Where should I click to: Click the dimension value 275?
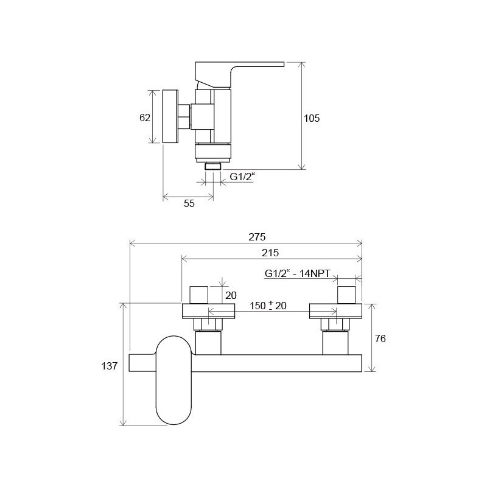(x=257, y=237)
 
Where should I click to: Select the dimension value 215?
(x=270, y=253)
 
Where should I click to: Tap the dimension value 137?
(x=110, y=366)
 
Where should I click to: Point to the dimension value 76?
(x=380, y=338)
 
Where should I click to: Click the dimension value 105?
(x=312, y=118)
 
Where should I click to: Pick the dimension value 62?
(x=145, y=117)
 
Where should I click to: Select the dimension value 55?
(x=189, y=203)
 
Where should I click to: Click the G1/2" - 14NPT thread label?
(x=297, y=273)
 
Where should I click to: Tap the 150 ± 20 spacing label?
(x=268, y=306)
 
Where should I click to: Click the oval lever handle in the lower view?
(x=174, y=380)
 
